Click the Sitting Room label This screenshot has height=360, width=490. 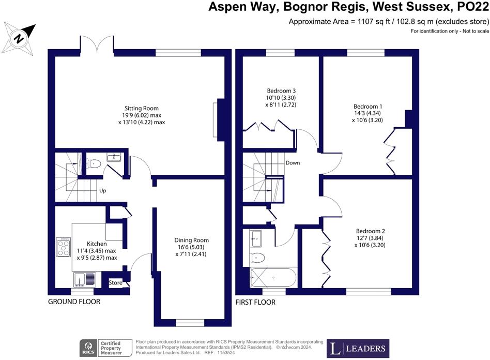tap(142, 108)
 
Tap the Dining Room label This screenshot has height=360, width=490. tap(191, 240)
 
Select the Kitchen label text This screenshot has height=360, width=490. tap(97, 244)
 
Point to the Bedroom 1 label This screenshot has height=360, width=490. tap(367, 107)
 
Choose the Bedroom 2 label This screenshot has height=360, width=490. tap(370, 231)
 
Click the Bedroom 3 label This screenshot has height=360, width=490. tap(281, 91)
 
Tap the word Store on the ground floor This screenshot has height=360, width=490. tap(115, 283)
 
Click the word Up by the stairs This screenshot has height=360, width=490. tap(102, 190)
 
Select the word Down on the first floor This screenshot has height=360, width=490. tap(293, 162)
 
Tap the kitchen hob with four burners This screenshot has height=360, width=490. tap(64, 247)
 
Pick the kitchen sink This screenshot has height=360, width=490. tap(85, 280)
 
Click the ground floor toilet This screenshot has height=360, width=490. tap(94, 163)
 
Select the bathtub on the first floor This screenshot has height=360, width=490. tap(273, 277)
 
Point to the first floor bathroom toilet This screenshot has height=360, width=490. tap(257, 258)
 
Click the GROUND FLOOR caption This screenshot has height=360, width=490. tap(74, 302)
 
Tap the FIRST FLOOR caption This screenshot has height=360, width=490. tap(255, 303)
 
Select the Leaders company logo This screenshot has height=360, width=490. tap(358, 349)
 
